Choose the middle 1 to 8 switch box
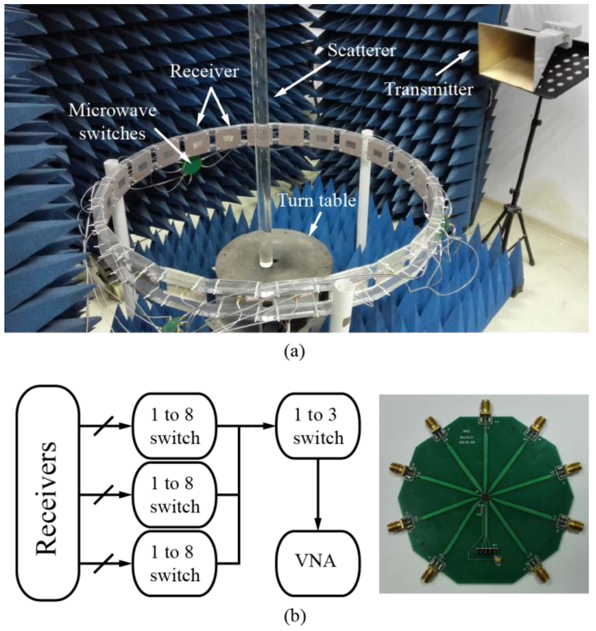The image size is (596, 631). coord(175,495)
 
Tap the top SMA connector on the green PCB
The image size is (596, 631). coord(484,411)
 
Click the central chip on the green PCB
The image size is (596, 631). coord(484,496)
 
